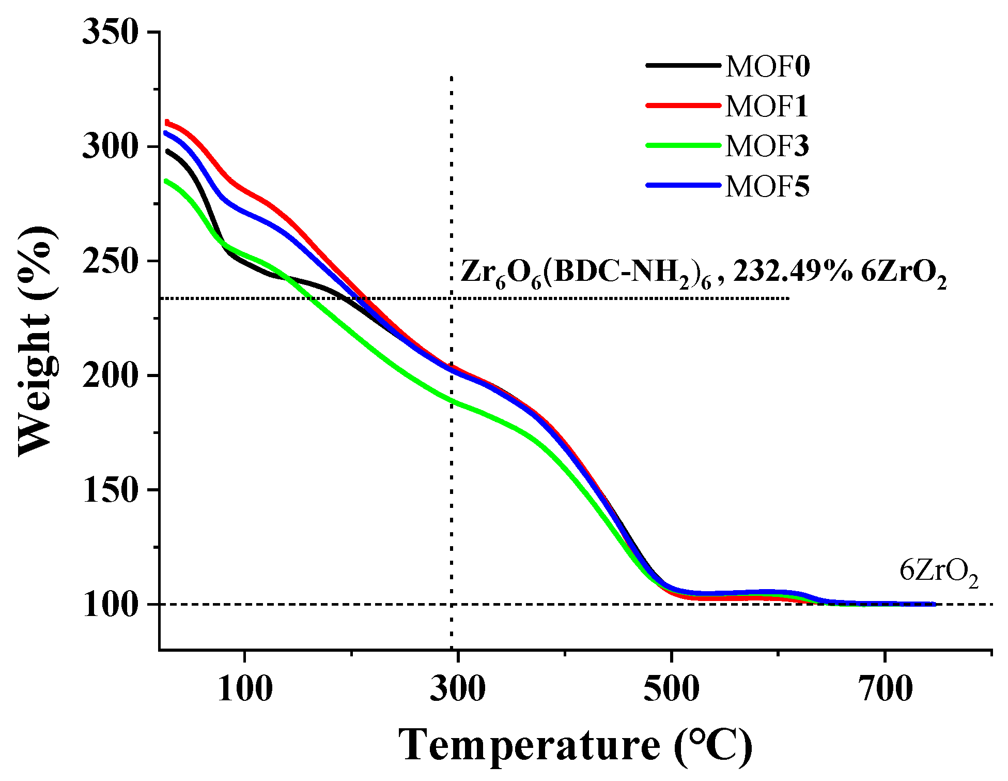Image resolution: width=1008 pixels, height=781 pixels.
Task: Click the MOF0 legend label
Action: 768,67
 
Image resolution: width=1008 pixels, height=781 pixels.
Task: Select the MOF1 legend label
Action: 767,107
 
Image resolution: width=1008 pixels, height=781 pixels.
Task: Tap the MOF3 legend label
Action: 767,146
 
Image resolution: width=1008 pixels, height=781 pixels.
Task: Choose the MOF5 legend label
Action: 767,187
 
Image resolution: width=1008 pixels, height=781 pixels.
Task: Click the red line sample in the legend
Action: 683,106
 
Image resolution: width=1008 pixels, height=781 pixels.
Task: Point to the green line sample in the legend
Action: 683,145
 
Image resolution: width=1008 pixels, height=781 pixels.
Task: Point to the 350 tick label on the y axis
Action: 111,33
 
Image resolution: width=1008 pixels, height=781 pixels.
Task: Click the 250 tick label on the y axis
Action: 111,261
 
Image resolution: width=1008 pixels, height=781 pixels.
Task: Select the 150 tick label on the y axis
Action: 111,490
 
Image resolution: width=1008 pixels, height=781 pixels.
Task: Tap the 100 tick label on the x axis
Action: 245,689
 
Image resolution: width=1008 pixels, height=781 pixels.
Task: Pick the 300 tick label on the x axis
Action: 458,689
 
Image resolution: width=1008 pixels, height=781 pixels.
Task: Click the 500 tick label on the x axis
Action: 671,689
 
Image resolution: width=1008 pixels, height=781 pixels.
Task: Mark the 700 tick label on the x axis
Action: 885,689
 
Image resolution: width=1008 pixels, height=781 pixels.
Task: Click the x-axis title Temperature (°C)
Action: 575,745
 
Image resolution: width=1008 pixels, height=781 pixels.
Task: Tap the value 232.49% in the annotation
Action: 792,272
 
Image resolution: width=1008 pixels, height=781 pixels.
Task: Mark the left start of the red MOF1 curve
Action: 167,123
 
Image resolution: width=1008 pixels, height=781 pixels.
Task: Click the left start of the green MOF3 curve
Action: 165,181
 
